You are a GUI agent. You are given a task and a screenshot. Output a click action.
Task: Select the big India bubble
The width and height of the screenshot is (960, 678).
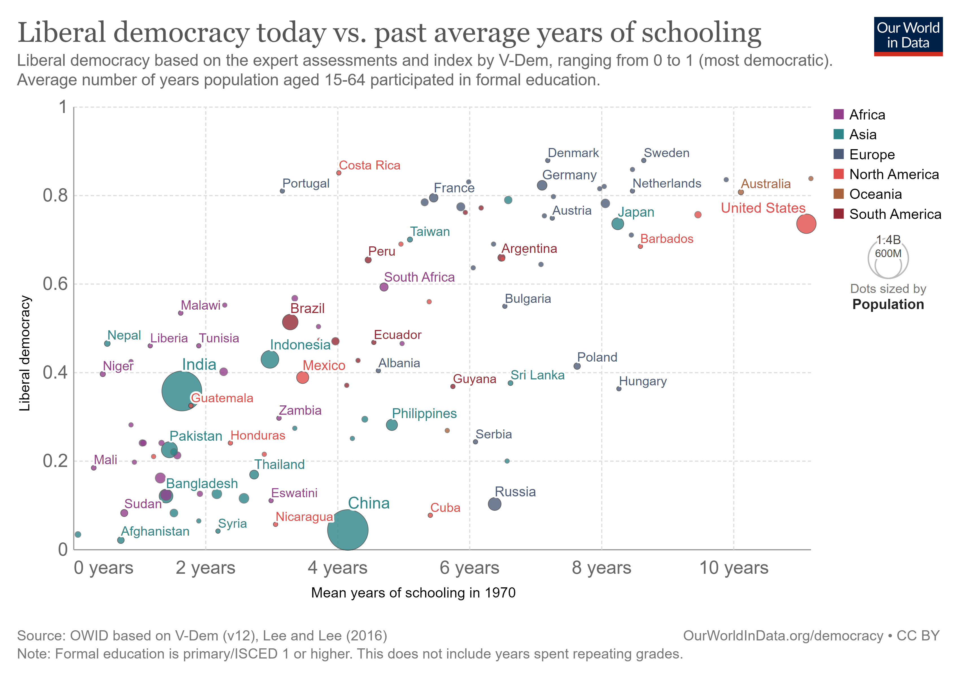click(182, 391)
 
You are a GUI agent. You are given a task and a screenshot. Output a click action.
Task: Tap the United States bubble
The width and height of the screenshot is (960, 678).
click(806, 223)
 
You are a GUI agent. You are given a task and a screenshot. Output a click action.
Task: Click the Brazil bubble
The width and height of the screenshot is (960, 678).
click(290, 322)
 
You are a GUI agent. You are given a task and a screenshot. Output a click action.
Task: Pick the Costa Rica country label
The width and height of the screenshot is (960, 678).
click(369, 165)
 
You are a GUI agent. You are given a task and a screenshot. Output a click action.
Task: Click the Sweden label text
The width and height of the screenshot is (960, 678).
click(666, 153)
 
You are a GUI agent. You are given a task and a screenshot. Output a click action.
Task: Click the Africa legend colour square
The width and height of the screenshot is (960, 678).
click(838, 114)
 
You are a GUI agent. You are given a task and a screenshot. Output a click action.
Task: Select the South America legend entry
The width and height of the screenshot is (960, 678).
click(895, 214)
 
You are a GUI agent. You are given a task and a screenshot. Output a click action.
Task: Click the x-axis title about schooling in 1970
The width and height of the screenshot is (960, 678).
click(413, 593)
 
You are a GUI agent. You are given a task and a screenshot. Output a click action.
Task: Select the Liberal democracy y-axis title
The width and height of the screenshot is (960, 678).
click(25, 353)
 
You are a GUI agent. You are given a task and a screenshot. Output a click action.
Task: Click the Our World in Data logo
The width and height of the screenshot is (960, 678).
click(908, 36)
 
